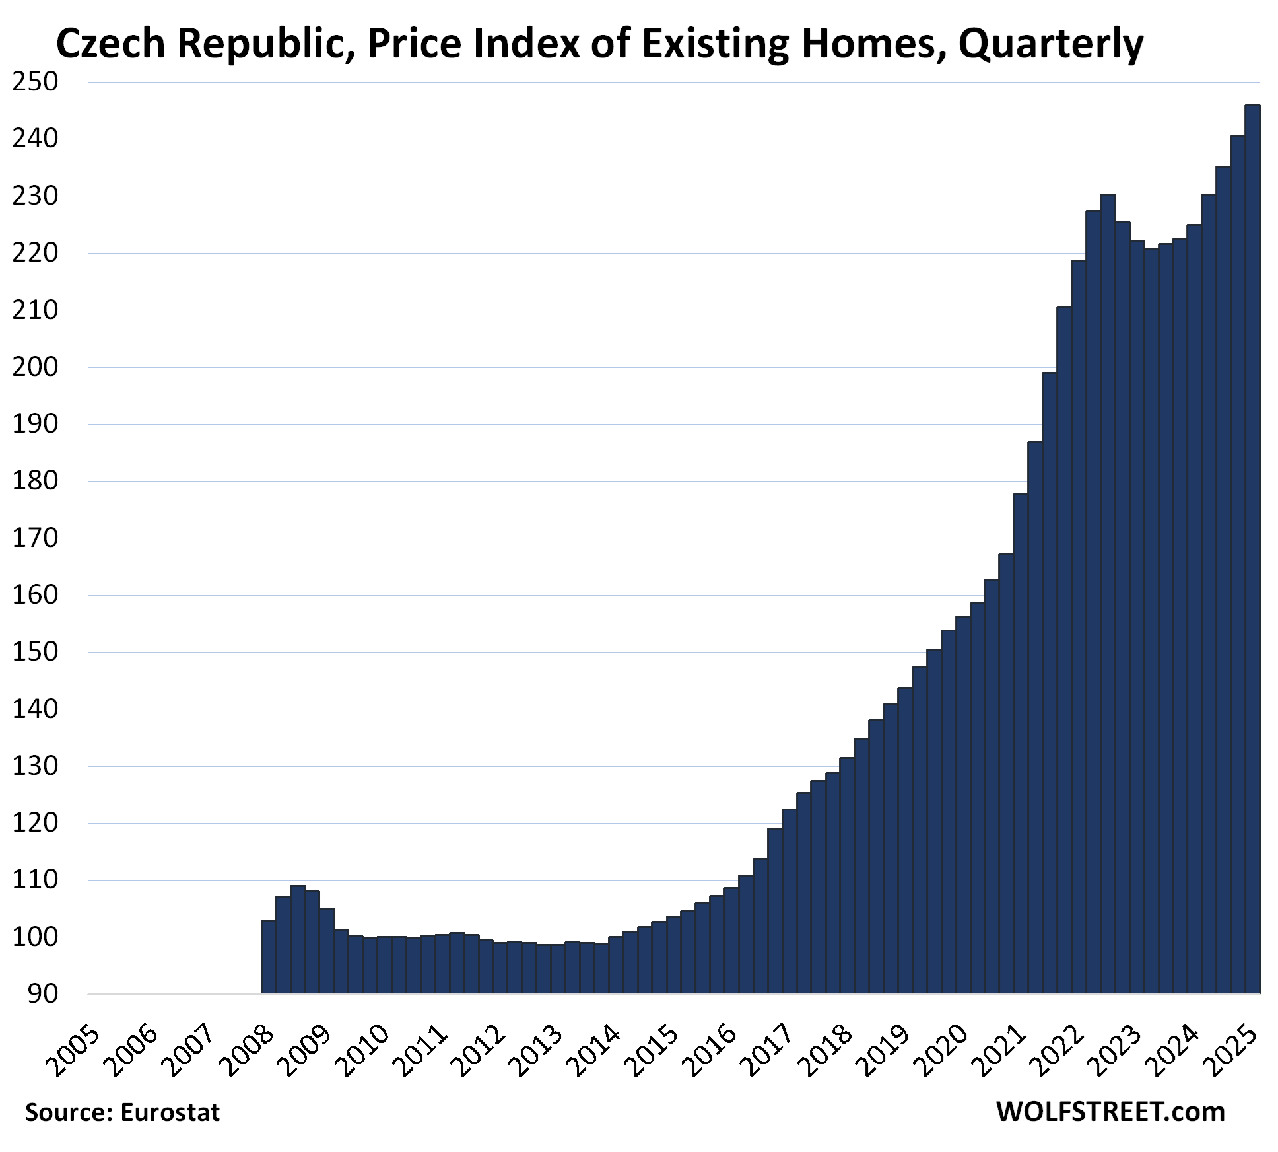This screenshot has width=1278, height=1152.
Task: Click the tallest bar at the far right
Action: [x=1252, y=548]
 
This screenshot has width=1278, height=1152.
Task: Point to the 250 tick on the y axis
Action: [x=35, y=82]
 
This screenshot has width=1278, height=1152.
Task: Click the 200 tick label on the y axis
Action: [x=35, y=367]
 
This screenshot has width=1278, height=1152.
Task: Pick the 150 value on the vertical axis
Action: [x=35, y=652]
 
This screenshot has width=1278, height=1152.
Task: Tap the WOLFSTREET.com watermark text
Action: [x=1110, y=1112]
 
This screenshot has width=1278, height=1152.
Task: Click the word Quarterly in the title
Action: [x=1051, y=45]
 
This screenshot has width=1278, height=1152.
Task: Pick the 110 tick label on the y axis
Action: [x=35, y=880]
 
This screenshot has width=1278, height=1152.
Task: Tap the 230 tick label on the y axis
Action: [x=35, y=196]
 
